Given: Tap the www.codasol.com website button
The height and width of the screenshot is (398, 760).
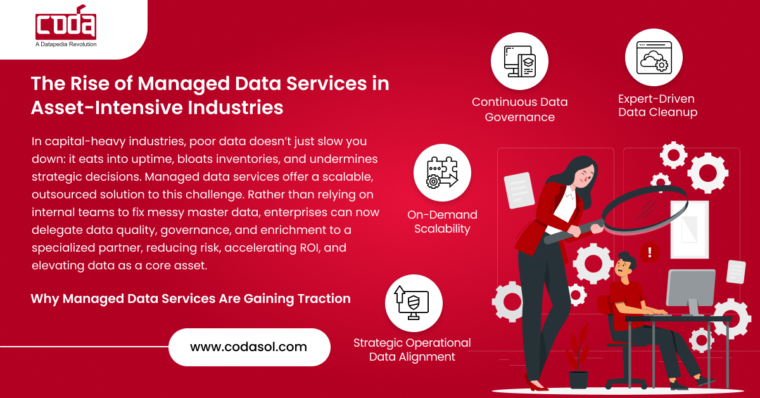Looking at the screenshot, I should (249, 347).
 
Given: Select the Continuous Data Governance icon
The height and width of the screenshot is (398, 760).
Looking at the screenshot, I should (519, 61).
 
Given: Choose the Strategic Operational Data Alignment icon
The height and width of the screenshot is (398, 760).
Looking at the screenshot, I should (413, 303).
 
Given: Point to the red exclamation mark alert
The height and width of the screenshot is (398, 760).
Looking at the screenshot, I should (650, 254).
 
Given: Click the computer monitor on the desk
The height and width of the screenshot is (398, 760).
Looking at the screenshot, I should (690, 289).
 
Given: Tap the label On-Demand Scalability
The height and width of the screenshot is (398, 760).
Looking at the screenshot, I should (442, 222).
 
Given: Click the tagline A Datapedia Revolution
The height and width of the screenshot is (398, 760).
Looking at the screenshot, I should (66, 44).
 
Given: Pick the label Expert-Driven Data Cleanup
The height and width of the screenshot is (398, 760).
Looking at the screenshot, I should (657, 106).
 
